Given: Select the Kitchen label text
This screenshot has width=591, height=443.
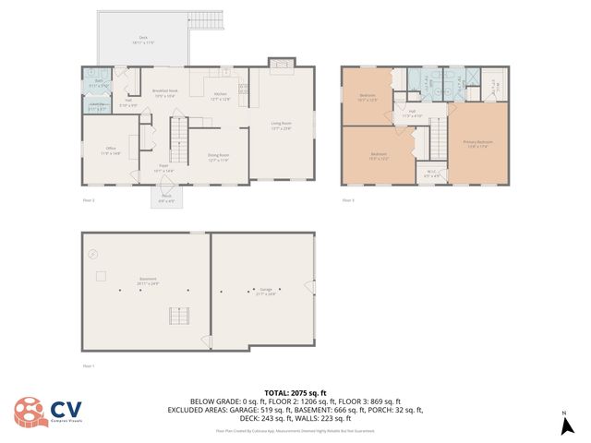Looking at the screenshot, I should coord(222,96).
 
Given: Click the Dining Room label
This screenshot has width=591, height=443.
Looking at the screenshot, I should coord(218,158).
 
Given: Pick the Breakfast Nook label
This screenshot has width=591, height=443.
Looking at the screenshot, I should coord(164,93).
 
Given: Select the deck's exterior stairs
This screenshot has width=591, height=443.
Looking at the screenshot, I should coord(203,18).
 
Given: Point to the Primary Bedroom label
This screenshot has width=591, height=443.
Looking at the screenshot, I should coord(477,142).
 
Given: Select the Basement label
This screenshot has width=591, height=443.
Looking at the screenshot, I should coord(148,281).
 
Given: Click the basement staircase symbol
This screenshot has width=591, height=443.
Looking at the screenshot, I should coord(178,317).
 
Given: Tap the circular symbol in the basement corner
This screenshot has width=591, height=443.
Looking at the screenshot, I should coord(91,254).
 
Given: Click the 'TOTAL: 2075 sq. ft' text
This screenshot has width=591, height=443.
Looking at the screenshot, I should coord(295,392).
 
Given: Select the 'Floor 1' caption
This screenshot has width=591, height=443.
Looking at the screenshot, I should coord(89,366).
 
